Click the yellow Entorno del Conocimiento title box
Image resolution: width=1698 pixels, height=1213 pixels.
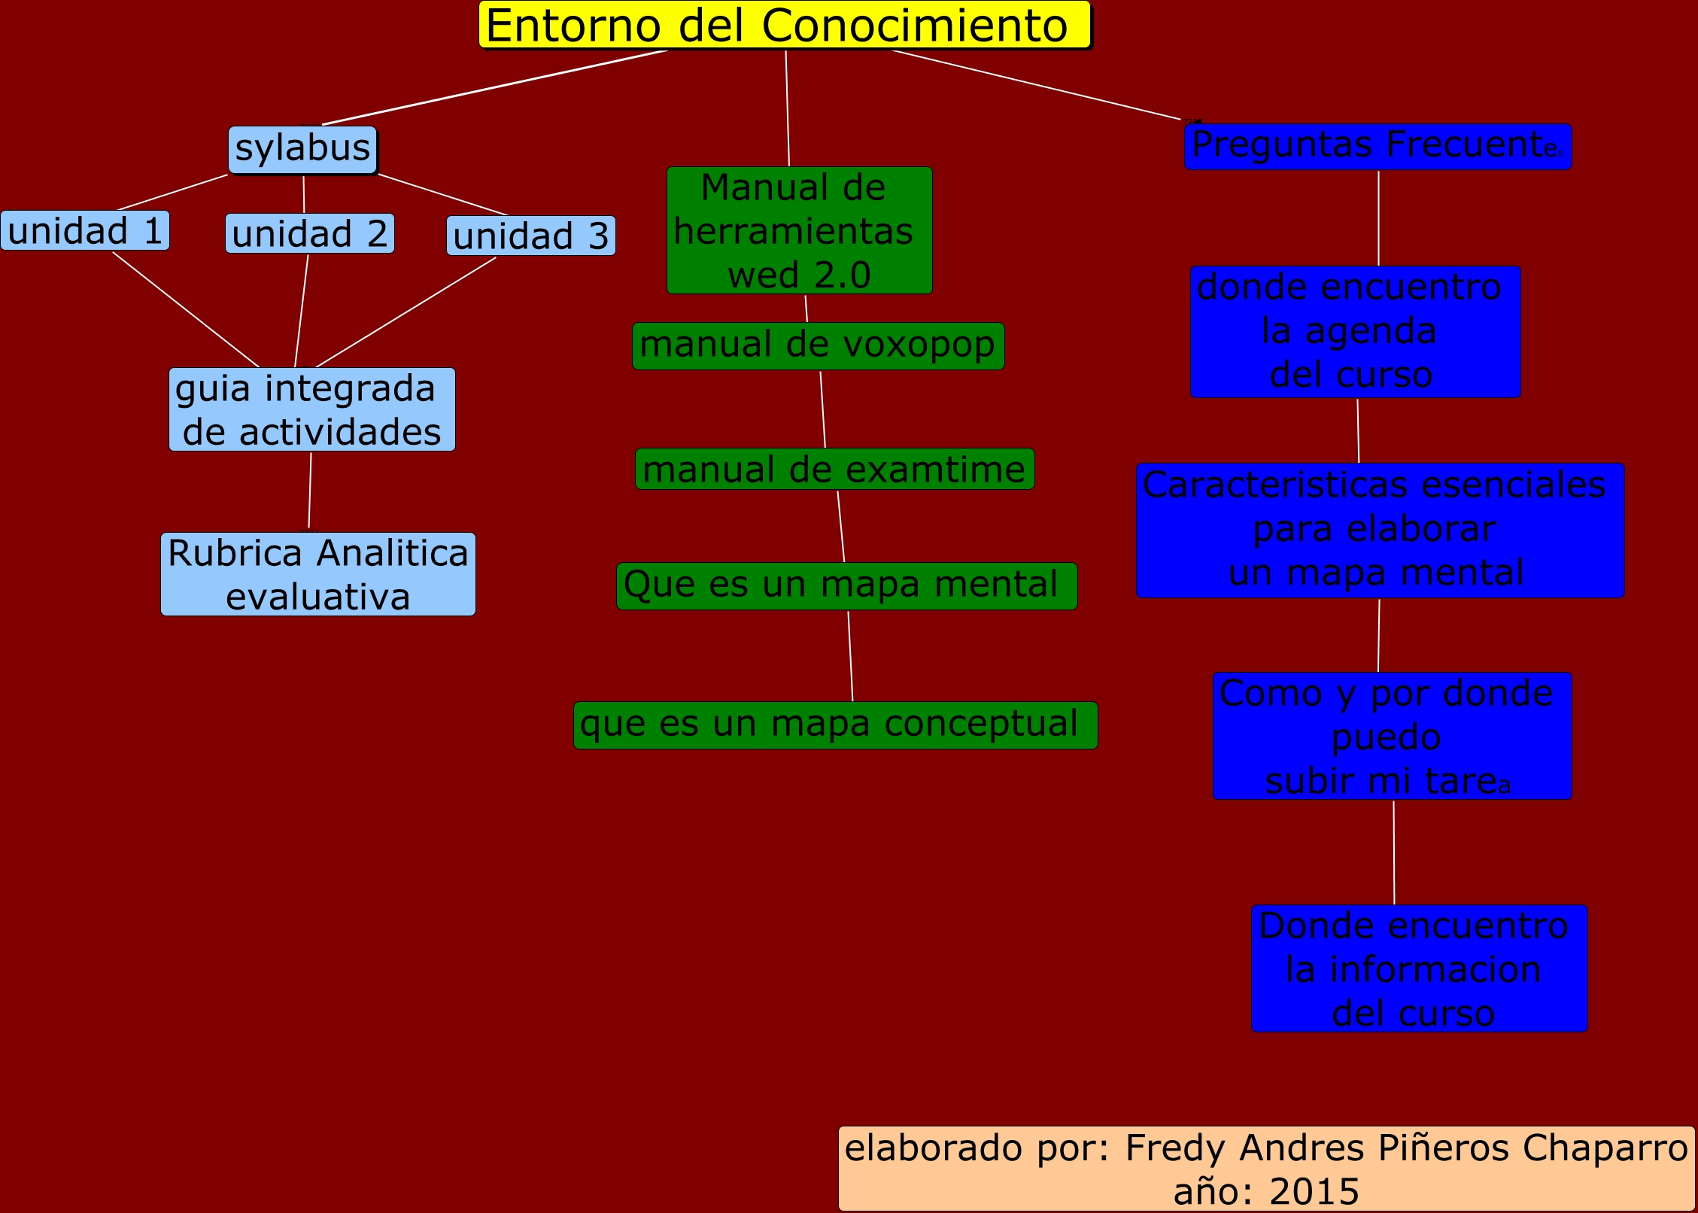point(785,25)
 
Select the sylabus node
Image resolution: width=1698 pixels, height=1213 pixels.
point(302,149)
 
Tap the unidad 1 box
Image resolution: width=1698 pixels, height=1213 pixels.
point(85,230)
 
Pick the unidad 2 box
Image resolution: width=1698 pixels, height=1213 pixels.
point(309,233)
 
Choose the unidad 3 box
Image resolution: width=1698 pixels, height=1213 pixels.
point(530,236)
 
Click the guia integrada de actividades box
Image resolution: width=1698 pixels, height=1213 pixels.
point(311,409)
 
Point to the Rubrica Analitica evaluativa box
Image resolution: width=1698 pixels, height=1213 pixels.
point(317,574)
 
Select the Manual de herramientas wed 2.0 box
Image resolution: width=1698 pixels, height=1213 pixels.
point(799,230)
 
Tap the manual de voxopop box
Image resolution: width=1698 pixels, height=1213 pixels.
point(818,346)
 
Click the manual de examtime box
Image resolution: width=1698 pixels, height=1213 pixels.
point(834,469)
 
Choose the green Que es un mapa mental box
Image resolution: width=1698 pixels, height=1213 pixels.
point(846,585)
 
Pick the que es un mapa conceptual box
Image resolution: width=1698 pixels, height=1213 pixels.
point(835,725)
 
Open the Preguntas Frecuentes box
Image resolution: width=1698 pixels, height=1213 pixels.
point(1377,146)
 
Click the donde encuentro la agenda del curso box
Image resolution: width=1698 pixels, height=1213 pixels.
point(1355,331)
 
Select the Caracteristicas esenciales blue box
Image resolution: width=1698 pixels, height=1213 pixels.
point(1380,530)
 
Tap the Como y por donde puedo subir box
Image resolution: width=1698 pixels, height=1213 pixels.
point(1392,735)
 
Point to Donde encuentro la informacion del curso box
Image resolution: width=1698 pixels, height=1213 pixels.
point(1419,968)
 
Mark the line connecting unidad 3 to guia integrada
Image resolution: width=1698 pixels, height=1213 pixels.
point(406,312)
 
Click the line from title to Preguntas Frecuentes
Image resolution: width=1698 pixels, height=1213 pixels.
point(1035,84)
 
